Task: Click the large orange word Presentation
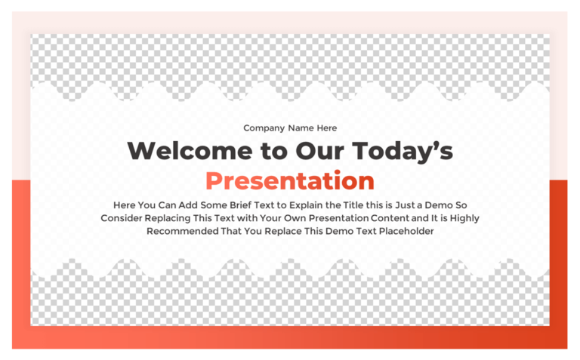pyautogui.click(x=290, y=181)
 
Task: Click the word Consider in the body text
pyautogui.click(x=124, y=218)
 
